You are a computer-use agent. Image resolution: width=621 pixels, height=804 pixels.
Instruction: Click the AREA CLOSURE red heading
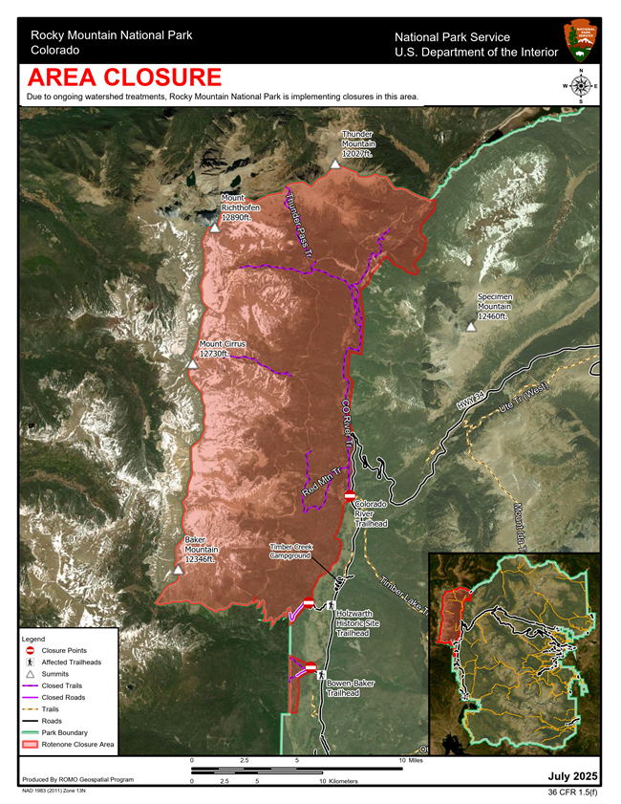(124, 77)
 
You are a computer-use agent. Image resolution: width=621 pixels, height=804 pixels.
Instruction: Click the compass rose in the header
(579, 86)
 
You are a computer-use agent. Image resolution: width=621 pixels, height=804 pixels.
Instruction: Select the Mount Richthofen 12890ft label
(240, 207)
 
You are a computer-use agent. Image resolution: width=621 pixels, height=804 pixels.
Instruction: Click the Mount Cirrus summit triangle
(219, 364)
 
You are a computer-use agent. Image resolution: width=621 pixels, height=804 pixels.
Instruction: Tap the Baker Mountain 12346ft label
(202, 550)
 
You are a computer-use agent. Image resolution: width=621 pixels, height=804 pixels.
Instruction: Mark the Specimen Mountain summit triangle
(471, 327)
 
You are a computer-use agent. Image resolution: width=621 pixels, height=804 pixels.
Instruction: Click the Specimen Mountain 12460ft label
(495, 306)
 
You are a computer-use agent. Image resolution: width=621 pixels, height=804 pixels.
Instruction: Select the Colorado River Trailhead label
(371, 513)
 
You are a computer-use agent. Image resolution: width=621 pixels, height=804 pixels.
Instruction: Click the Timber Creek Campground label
(290, 552)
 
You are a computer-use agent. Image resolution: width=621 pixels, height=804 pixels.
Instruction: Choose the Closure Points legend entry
(63, 650)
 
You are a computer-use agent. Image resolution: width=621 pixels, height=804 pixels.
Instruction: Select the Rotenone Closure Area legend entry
(77, 743)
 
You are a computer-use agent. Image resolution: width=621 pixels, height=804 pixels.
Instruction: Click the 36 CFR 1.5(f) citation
(573, 793)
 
